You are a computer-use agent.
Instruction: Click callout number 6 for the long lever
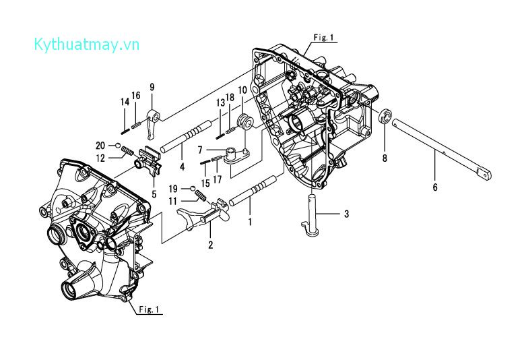435,187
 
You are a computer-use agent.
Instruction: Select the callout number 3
346,214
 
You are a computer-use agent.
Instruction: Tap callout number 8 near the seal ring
385,159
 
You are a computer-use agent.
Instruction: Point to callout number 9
152,87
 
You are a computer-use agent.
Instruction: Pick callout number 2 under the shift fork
210,245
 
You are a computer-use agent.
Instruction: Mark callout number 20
100,146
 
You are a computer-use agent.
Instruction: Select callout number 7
200,149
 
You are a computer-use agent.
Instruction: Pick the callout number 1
251,220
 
